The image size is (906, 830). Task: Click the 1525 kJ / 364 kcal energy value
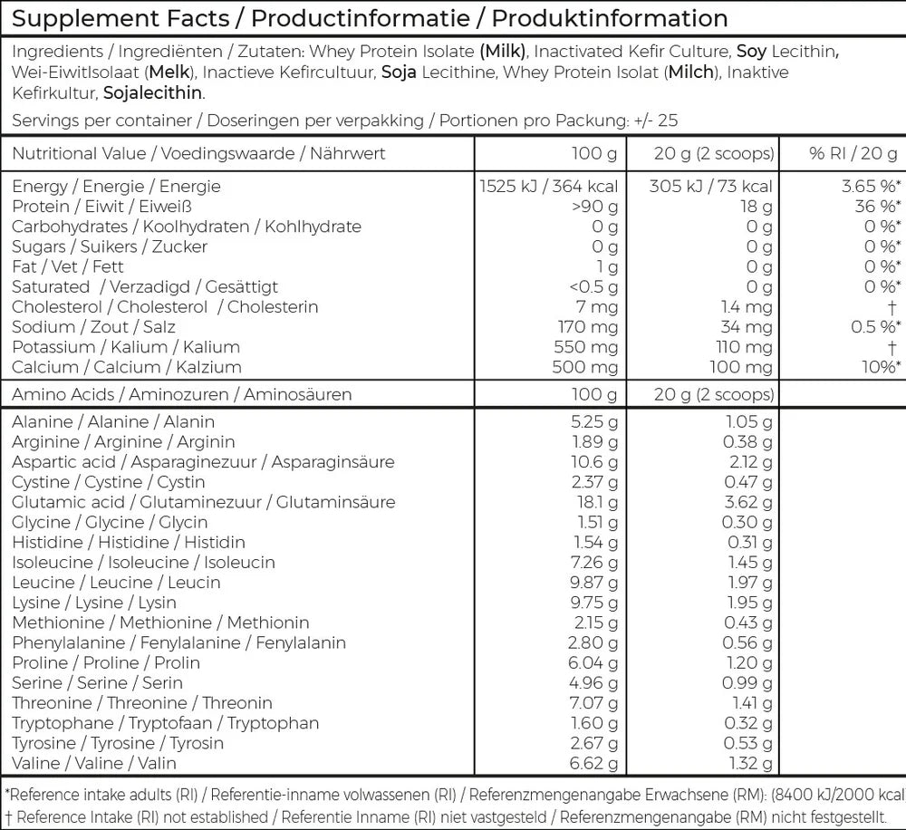click(548, 187)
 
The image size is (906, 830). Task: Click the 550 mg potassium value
click(585, 347)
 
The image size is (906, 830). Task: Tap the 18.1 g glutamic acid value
click(597, 502)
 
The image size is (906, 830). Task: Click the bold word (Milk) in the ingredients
click(501, 52)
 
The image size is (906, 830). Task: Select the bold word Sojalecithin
click(153, 92)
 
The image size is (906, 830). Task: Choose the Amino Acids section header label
click(64, 394)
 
